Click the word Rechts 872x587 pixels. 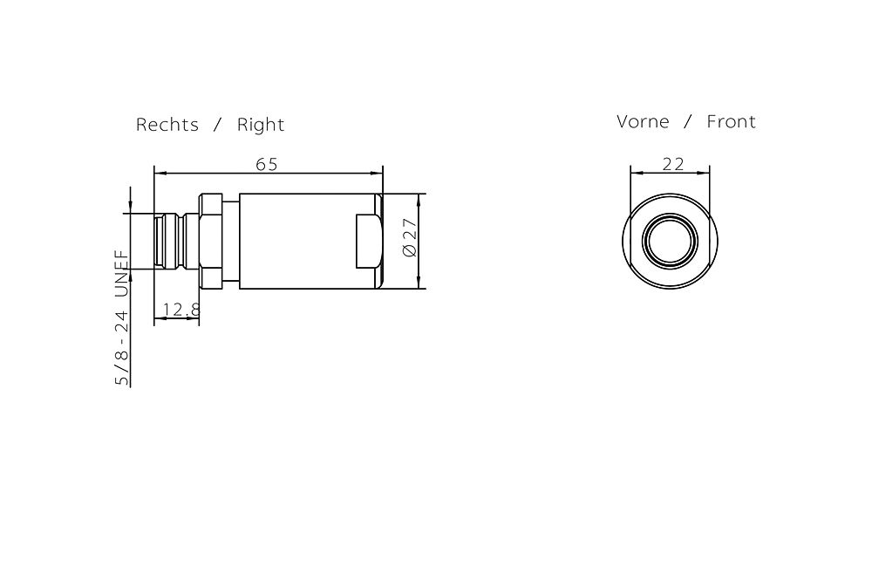pyautogui.click(x=167, y=125)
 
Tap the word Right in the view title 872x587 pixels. pyautogui.click(x=261, y=125)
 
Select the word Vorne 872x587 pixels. pyautogui.click(x=643, y=121)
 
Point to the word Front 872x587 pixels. pyautogui.click(x=731, y=121)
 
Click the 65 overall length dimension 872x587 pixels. pyautogui.click(x=267, y=163)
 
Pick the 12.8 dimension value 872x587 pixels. pyautogui.click(x=181, y=310)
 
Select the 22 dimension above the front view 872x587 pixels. pyautogui.click(x=672, y=163)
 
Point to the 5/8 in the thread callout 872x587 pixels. pyautogui.click(x=122, y=367)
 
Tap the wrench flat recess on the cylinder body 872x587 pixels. pyautogui.click(x=366, y=241)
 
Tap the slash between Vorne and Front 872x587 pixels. pyautogui.click(x=688, y=122)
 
